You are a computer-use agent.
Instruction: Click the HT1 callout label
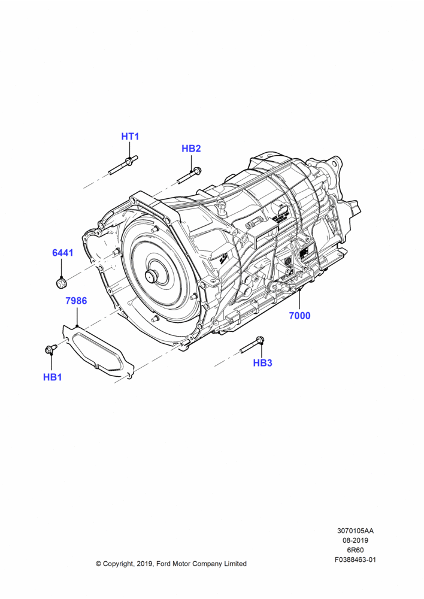tap(130, 137)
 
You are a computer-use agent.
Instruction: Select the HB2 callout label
tap(191, 149)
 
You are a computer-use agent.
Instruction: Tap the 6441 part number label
tap(63, 253)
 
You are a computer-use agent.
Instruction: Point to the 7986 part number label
tap(77, 301)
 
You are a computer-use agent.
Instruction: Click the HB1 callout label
tap(52, 377)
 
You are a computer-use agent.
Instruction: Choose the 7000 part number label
tap(300, 316)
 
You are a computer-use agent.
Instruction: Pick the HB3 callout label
tap(263, 363)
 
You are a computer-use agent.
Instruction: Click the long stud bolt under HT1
tap(123, 165)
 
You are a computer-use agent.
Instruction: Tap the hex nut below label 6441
tap(61, 283)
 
